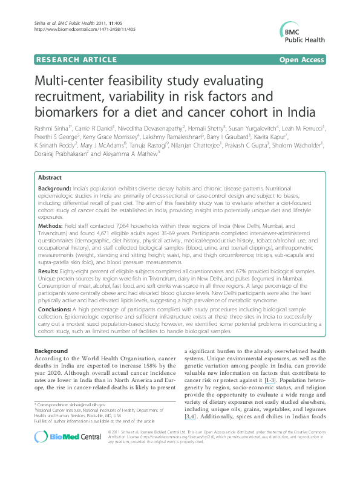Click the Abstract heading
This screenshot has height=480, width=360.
[50, 178]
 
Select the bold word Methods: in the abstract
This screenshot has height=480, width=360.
[51, 223]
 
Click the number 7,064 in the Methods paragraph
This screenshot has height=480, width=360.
[121, 224]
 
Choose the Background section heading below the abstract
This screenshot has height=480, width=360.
[51, 351]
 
